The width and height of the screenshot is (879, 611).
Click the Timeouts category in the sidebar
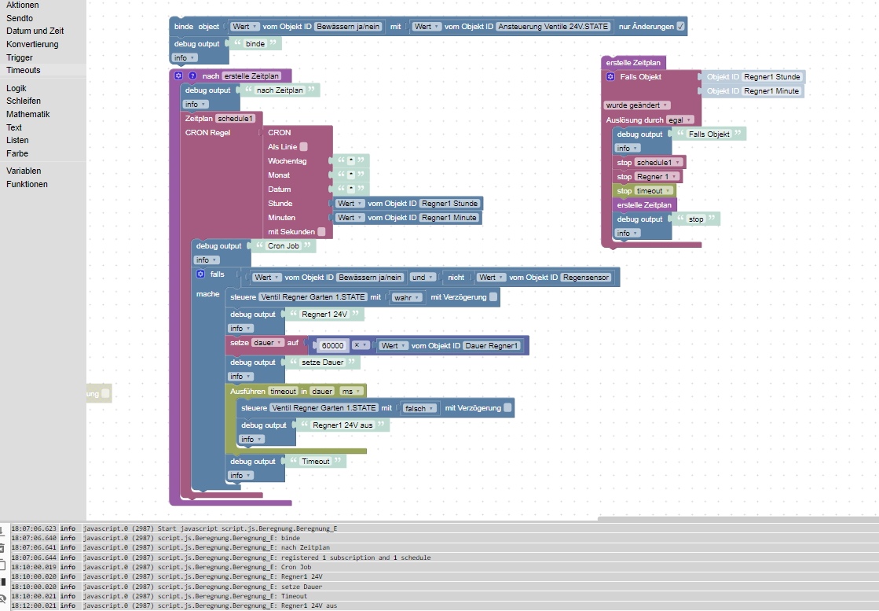point(24,70)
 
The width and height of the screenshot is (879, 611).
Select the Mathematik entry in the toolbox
point(28,114)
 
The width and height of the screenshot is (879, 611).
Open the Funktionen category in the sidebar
point(27,184)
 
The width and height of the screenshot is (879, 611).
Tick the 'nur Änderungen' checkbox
point(680,26)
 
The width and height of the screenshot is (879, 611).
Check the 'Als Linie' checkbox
point(303,146)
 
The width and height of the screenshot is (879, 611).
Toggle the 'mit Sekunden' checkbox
point(321,232)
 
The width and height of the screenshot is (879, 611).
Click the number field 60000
point(334,345)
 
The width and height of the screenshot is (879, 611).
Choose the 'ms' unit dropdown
point(351,391)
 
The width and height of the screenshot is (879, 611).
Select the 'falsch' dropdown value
point(419,408)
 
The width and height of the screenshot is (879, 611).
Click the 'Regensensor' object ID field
point(587,277)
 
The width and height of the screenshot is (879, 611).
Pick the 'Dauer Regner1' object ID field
point(492,345)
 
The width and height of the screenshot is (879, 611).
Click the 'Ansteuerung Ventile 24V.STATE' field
point(553,26)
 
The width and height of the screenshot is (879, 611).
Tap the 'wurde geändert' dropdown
point(637,105)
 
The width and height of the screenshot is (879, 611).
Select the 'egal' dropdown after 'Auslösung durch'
point(680,120)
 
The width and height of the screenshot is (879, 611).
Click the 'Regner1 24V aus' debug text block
point(342,425)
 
